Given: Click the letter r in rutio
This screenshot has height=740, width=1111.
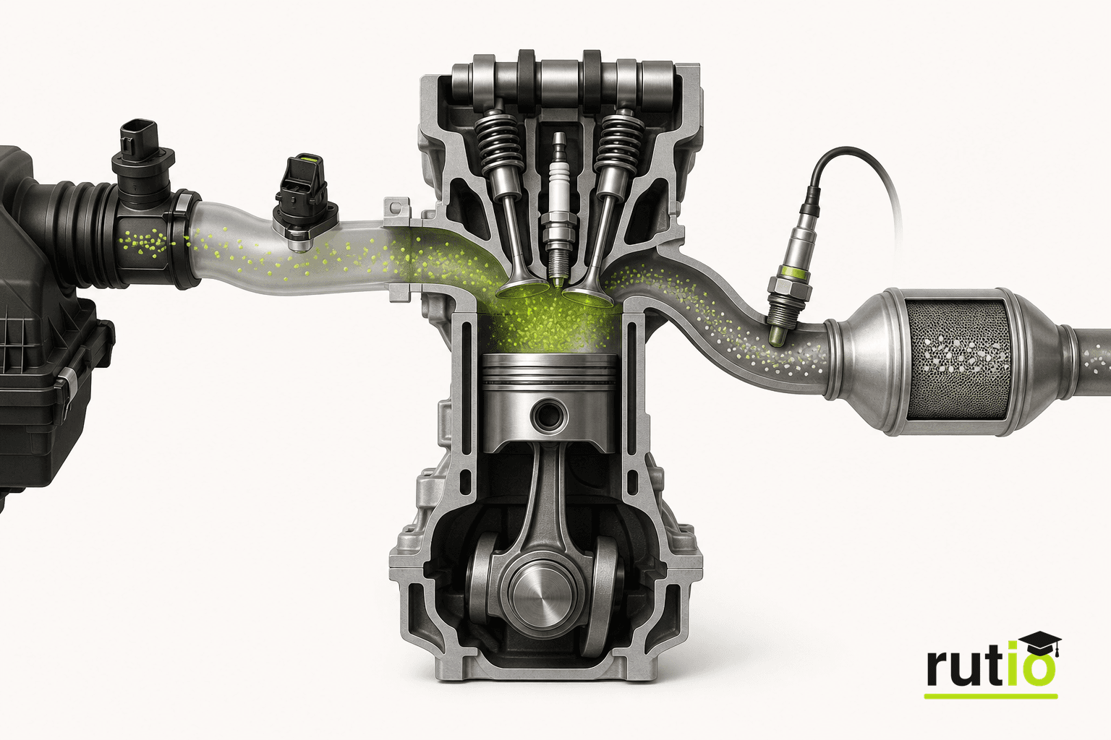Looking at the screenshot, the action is coord(939,669).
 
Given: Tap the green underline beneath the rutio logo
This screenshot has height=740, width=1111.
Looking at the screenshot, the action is coord(990,697).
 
